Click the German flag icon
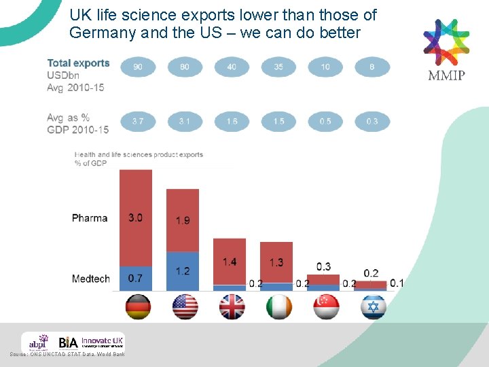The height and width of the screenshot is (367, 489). [138, 307]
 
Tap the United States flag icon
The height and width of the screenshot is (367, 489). [184, 307]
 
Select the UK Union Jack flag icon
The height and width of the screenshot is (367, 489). [232, 307]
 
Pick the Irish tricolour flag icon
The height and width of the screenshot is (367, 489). [278, 307]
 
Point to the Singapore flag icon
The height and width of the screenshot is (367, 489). [325, 307]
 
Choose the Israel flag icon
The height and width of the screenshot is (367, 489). [373, 307]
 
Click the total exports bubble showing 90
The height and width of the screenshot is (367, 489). [138, 67]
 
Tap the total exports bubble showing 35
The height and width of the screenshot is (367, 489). [278, 67]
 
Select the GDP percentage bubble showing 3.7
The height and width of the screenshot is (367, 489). [138, 122]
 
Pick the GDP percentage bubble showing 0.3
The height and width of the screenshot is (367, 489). [372, 122]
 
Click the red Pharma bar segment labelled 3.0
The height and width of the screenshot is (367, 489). [136, 217]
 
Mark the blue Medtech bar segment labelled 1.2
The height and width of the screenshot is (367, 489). [183, 271]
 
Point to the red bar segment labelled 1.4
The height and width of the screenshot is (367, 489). [230, 262]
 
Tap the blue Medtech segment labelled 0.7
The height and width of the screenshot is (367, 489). [136, 278]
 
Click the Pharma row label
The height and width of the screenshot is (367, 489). [90, 218]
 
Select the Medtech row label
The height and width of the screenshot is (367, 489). [90, 279]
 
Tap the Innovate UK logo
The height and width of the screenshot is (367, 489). [103, 341]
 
